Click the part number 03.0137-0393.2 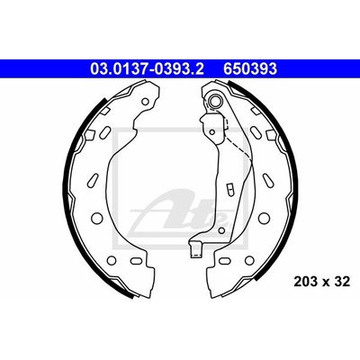click(147, 68)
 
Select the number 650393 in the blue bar click(249, 68)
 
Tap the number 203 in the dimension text click(306, 282)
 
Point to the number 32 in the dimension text click(343, 282)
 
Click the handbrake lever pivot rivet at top click(215, 101)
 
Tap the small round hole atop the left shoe click(145, 102)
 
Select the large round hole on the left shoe click(96, 218)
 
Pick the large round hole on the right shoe click(264, 218)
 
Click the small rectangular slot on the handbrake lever click(229, 189)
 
